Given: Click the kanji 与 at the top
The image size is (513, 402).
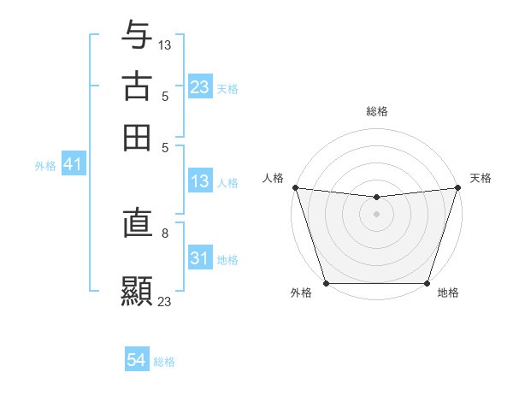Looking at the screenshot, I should tap(138, 35).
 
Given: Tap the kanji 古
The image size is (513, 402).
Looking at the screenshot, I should tap(138, 86).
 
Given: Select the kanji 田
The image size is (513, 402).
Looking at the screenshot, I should tap(138, 137).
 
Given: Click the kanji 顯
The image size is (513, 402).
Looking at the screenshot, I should tap(138, 288).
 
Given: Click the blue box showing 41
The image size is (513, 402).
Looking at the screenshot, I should tap(73, 165).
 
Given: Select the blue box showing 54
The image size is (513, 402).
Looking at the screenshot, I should tap(137, 361).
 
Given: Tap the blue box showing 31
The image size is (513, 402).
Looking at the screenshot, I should tap(199, 259).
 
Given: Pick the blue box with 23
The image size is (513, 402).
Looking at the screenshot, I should tap(199, 87).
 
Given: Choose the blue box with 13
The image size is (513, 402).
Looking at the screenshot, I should tap(199, 182).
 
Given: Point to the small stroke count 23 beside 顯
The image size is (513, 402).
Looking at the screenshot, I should tap(165, 301).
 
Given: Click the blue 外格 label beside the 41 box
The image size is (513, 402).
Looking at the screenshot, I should tap(44, 166).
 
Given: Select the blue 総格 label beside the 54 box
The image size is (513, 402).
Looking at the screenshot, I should tap(164, 362).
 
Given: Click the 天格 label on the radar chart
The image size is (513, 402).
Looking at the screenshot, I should tap(481, 178).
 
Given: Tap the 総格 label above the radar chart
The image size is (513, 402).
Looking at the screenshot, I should tap(376, 111).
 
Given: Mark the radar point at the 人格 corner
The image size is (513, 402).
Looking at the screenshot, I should tap(295, 187).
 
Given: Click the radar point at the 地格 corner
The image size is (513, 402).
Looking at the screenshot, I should tap(427, 283).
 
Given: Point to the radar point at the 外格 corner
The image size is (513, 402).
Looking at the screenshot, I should tap(326, 283).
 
